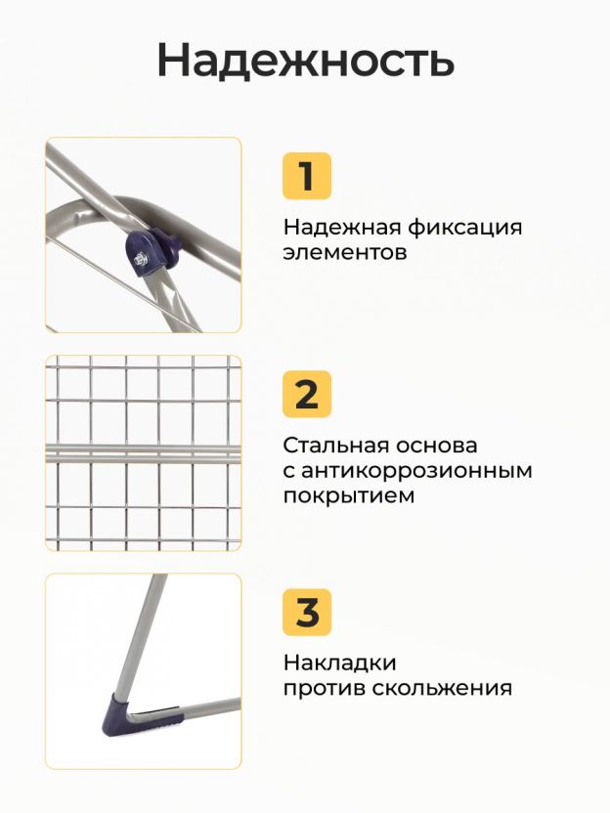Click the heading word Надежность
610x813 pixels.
click(x=306, y=61)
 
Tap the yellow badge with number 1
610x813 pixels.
click(x=307, y=176)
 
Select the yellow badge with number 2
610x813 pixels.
click(x=307, y=394)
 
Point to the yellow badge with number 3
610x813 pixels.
click(x=307, y=612)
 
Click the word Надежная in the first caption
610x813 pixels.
click(x=342, y=228)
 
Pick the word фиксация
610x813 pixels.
click(x=464, y=228)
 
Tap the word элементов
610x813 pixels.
click(x=345, y=252)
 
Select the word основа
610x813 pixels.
click(x=437, y=446)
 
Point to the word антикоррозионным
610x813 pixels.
click(x=416, y=471)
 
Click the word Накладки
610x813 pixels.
click(x=340, y=663)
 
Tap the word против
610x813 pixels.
click(x=325, y=689)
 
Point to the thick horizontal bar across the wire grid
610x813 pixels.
click(x=143, y=453)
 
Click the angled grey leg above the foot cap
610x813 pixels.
click(x=138, y=635)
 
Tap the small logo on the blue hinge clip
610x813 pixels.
click(x=140, y=258)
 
